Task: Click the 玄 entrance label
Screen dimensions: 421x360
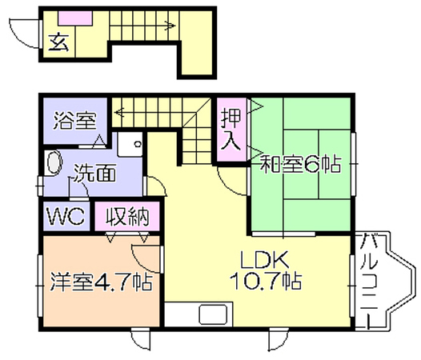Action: click(x=58, y=43)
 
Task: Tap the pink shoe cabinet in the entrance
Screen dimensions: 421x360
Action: click(x=76, y=18)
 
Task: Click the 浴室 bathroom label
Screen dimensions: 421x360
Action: click(x=74, y=121)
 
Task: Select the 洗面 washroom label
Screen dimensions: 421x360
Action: click(x=95, y=172)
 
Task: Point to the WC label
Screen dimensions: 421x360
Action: click(x=66, y=216)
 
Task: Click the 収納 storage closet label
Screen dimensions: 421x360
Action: click(x=127, y=216)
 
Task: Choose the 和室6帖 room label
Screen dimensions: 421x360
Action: click(x=301, y=163)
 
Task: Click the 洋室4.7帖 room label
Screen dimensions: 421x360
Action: click(x=102, y=282)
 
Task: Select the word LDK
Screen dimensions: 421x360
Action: click(x=265, y=259)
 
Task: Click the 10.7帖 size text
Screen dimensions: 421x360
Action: click(x=266, y=281)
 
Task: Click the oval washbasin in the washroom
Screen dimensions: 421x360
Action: click(x=54, y=163)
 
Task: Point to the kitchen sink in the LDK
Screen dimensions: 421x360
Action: click(x=213, y=314)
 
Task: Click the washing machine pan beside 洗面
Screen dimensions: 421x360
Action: click(x=130, y=145)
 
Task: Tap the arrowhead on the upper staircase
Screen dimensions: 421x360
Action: click(x=170, y=26)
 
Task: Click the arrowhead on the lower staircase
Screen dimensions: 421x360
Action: click(x=118, y=112)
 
